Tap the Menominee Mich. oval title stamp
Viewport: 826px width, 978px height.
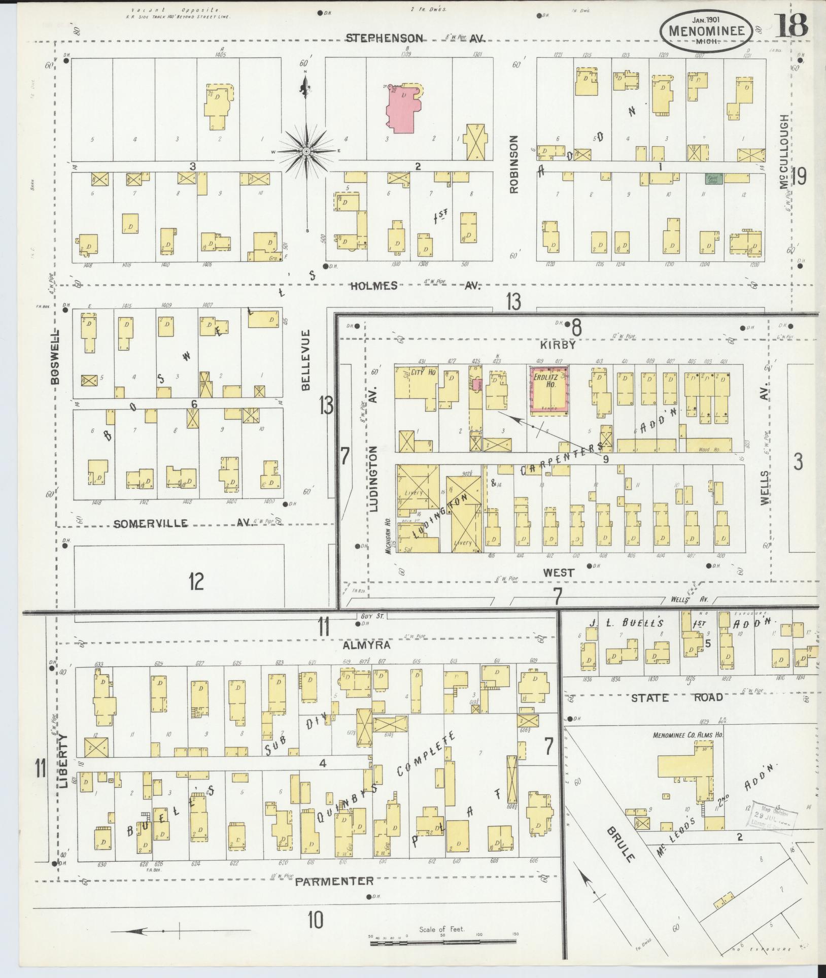(x=709, y=30)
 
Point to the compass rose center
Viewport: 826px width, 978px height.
(x=306, y=152)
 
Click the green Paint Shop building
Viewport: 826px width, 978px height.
(x=712, y=179)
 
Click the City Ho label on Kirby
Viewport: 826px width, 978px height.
(x=424, y=372)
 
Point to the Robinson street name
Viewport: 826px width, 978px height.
(x=515, y=163)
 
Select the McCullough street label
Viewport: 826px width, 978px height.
(x=785, y=152)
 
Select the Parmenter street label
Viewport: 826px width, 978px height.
(x=334, y=881)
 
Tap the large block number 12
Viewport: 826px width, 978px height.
(x=195, y=581)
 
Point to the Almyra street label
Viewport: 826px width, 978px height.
(x=366, y=645)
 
